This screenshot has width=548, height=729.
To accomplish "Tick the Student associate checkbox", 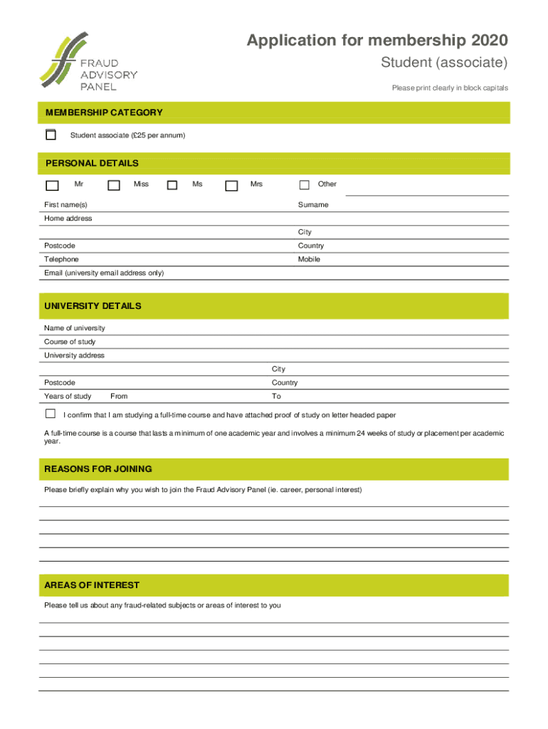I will click(51, 135).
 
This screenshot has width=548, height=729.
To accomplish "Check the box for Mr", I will click(52, 185).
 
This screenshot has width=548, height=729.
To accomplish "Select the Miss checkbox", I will click(114, 185).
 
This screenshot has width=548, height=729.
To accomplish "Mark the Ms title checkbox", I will click(172, 185).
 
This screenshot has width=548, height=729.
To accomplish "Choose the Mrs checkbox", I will click(231, 185).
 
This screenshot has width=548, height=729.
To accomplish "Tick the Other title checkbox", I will click(305, 185).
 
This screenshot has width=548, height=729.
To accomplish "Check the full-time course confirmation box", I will click(51, 414).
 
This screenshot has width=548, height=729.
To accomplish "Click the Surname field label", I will click(313, 205).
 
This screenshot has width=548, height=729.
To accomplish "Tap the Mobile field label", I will click(309, 259).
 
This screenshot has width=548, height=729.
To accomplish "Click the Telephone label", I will click(61, 259).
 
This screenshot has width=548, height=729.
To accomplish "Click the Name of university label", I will click(75, 328).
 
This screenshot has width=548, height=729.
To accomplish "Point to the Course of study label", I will click(70, 342).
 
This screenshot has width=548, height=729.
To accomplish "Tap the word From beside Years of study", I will click(119, 397).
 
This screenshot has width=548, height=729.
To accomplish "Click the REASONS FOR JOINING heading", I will click(98, 469).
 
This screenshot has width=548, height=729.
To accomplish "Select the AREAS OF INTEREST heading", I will click(92, 585).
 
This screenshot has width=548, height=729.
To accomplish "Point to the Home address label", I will click(68, 219).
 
